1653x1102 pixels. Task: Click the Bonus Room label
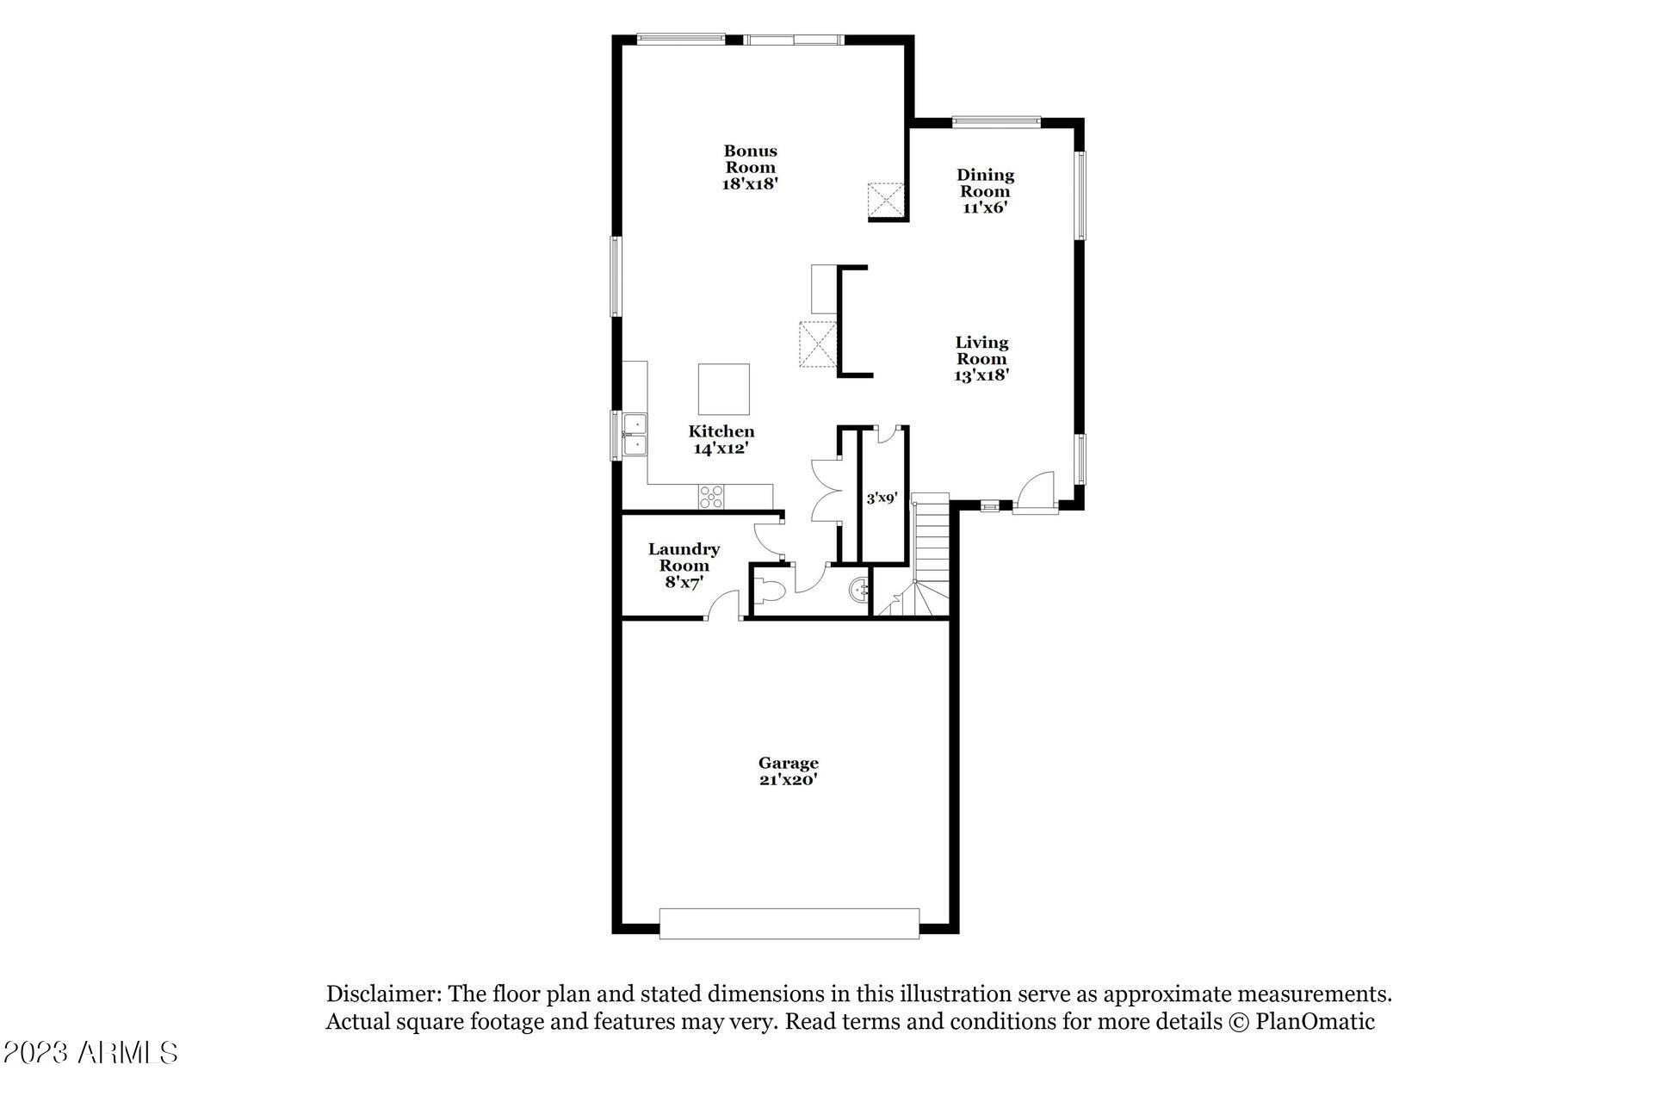click(x=750, y=167)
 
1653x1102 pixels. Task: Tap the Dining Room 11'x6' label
click(x=986, y=191)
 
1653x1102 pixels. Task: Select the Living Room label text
click(x=981, y=358)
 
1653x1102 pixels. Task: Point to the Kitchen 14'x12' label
click(x=721, y=439)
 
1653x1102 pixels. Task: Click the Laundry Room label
click(x=684, y=565)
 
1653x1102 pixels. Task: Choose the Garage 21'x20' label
click(x=788, y=771)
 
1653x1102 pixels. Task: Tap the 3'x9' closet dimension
click(x=882, y=498)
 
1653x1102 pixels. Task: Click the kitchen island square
click(x=723, y=389)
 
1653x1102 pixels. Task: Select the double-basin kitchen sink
click(x=635, y=435)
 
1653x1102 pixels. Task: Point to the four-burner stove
click(x=712, y=496)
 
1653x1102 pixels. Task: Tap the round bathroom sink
click(x=858, y=590)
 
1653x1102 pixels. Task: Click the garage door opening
click(x=789, y=922)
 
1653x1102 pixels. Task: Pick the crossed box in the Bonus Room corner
click(x=887, y=200)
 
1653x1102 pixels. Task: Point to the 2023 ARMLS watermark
click(x=90, y=1052)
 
